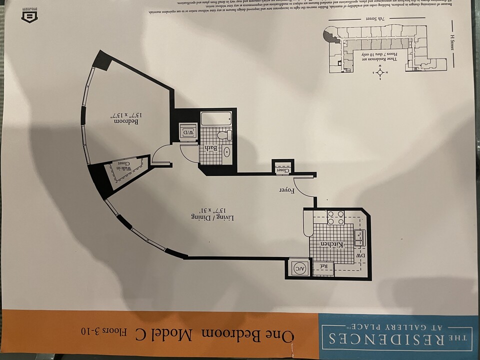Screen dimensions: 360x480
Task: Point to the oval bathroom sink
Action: coord(226,152)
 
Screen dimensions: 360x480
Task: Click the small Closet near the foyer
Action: coord(283,169)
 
